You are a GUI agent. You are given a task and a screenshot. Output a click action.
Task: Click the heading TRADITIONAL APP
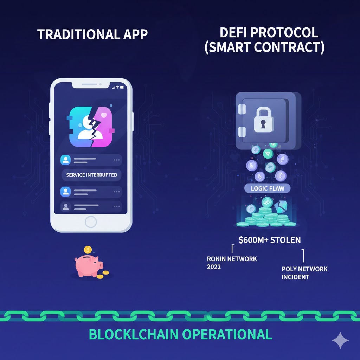92,34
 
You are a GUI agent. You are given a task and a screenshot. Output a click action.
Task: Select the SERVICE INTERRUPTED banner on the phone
91,175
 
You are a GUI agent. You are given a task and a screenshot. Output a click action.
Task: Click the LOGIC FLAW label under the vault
268,188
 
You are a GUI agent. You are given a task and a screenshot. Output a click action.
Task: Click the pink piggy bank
88,265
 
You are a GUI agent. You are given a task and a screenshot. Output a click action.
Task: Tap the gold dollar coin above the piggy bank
88,250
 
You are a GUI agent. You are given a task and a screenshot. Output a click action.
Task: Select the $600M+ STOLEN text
269,240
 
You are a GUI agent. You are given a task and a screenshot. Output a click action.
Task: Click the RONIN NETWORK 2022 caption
232,263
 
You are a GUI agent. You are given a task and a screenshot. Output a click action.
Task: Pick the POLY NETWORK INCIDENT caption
304,273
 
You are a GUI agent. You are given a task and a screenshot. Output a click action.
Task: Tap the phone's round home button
91,221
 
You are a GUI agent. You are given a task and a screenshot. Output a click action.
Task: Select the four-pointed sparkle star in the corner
340,340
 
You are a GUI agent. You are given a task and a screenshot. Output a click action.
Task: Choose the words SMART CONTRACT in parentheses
264,48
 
